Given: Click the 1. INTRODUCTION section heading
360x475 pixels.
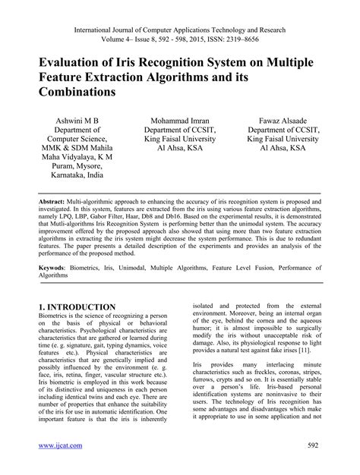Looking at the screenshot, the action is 77,307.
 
